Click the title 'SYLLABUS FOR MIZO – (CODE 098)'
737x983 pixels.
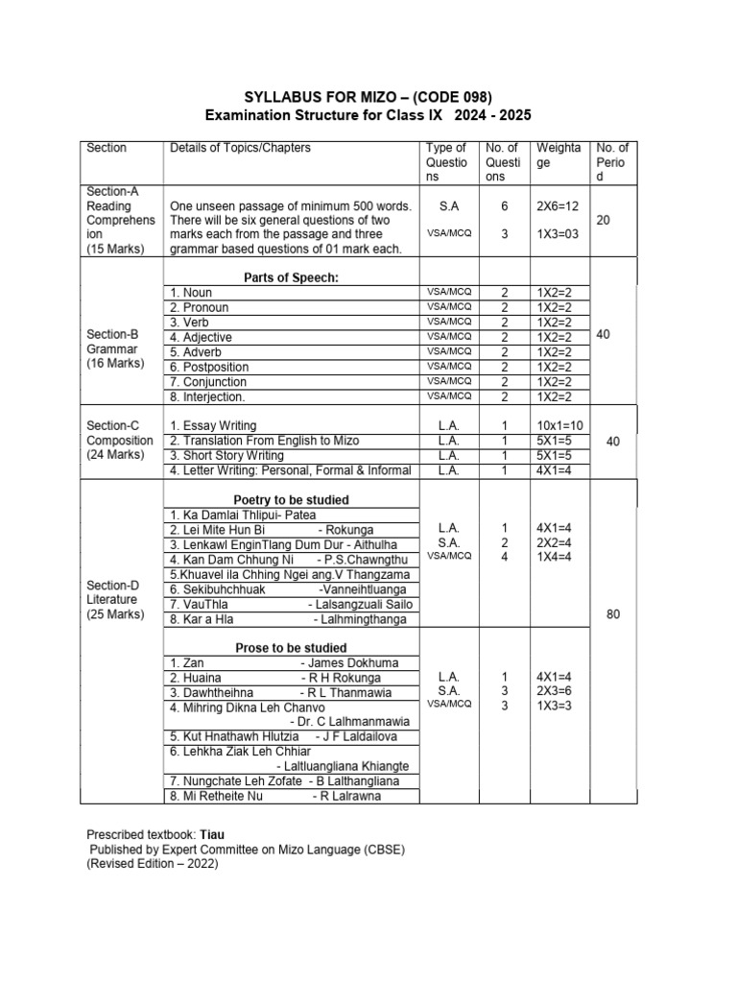(x=368, y=97)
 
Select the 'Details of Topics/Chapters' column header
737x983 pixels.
(x=240, y=148)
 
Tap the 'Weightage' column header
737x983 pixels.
(x=558, y=155)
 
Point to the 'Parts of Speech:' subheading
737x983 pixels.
(x=292, y=277)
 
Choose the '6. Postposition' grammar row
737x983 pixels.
(x=209, y=367)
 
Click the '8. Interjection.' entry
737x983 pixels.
(x=207, y=396)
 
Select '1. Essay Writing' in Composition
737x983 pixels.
(x=212, y=424)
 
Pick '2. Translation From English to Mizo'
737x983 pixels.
(x=264, y=440)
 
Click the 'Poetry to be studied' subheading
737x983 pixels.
(x=292, y=500)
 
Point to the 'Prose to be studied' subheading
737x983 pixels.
(x=292, y=648)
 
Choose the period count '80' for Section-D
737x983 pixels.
(x=613, y=615)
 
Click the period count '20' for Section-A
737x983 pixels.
(x=604, y=220)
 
